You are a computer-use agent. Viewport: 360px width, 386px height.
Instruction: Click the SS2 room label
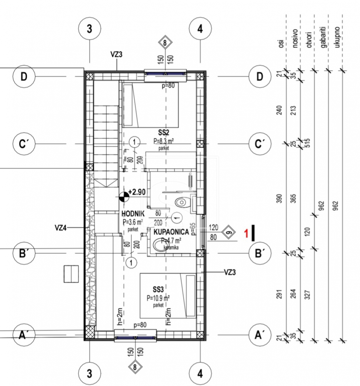pos(164,133)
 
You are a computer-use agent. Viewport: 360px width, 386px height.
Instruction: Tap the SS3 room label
pos(158,289)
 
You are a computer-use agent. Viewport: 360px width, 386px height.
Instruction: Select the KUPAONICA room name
pos(171,232)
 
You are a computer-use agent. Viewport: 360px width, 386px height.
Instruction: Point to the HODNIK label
pos(133,214)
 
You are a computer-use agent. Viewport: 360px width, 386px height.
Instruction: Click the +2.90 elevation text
pos(137,192)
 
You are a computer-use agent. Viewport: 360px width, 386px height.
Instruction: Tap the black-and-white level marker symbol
pos(124,197)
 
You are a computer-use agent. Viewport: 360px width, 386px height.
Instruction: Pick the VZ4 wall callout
pos(60,228)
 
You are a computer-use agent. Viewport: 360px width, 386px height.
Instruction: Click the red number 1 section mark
pos(246,233)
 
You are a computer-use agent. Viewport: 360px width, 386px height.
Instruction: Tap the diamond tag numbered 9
pos(228,232)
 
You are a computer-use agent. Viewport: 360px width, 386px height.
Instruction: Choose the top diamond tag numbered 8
pos(165,43)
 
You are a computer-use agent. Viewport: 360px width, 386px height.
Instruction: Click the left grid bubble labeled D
pos(24,76)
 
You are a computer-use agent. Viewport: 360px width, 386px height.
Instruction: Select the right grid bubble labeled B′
pos(260,253)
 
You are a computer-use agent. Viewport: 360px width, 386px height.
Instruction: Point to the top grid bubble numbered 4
pos(200,29)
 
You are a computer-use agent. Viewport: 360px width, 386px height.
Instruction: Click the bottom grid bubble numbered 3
pos(89,373)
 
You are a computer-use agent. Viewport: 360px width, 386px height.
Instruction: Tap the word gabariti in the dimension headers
pos(324,37)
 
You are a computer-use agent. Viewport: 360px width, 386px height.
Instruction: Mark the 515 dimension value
pos(307,143)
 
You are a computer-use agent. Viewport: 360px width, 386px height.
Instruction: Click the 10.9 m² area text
pos(158,298)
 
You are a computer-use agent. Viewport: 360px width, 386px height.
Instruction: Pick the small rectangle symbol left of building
pos(71,274)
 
